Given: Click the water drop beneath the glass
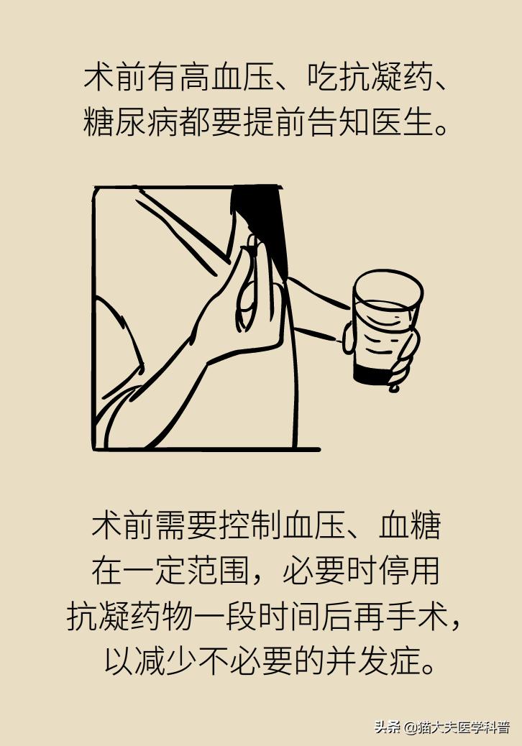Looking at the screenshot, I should click(393, 389).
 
